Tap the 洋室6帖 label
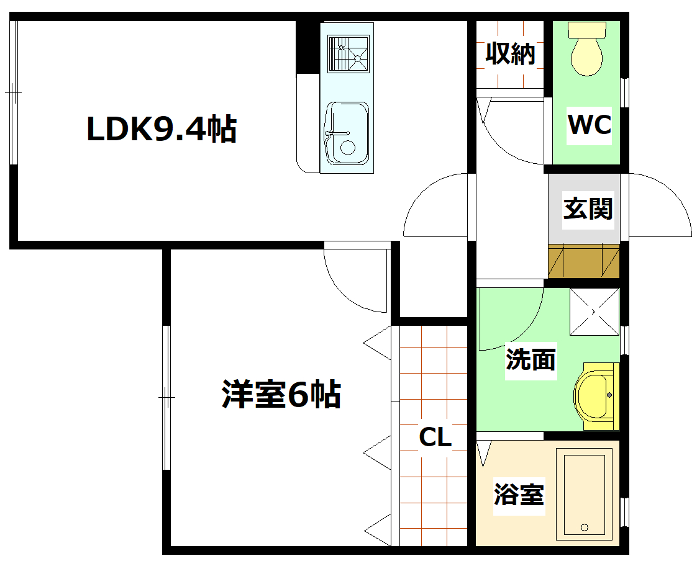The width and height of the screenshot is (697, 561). tap(281, 395)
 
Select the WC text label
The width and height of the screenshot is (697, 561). tap(590, 125)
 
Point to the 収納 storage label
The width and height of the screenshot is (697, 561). tap(510, 54)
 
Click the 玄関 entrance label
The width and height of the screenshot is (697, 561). tap(588, 209)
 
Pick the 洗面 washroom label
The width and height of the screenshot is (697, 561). tap(531, 359)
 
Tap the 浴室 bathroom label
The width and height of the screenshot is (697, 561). tap(519, 496)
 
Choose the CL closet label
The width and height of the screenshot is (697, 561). tap(435, 438)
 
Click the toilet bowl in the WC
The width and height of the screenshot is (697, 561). tap(586, 56)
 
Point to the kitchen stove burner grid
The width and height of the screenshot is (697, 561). tap(348, 54)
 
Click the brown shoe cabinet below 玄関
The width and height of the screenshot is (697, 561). tap(584, 261)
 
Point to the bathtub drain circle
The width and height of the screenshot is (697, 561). tap(584, 527)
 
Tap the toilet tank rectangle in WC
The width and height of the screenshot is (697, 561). tap(586, 29)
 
